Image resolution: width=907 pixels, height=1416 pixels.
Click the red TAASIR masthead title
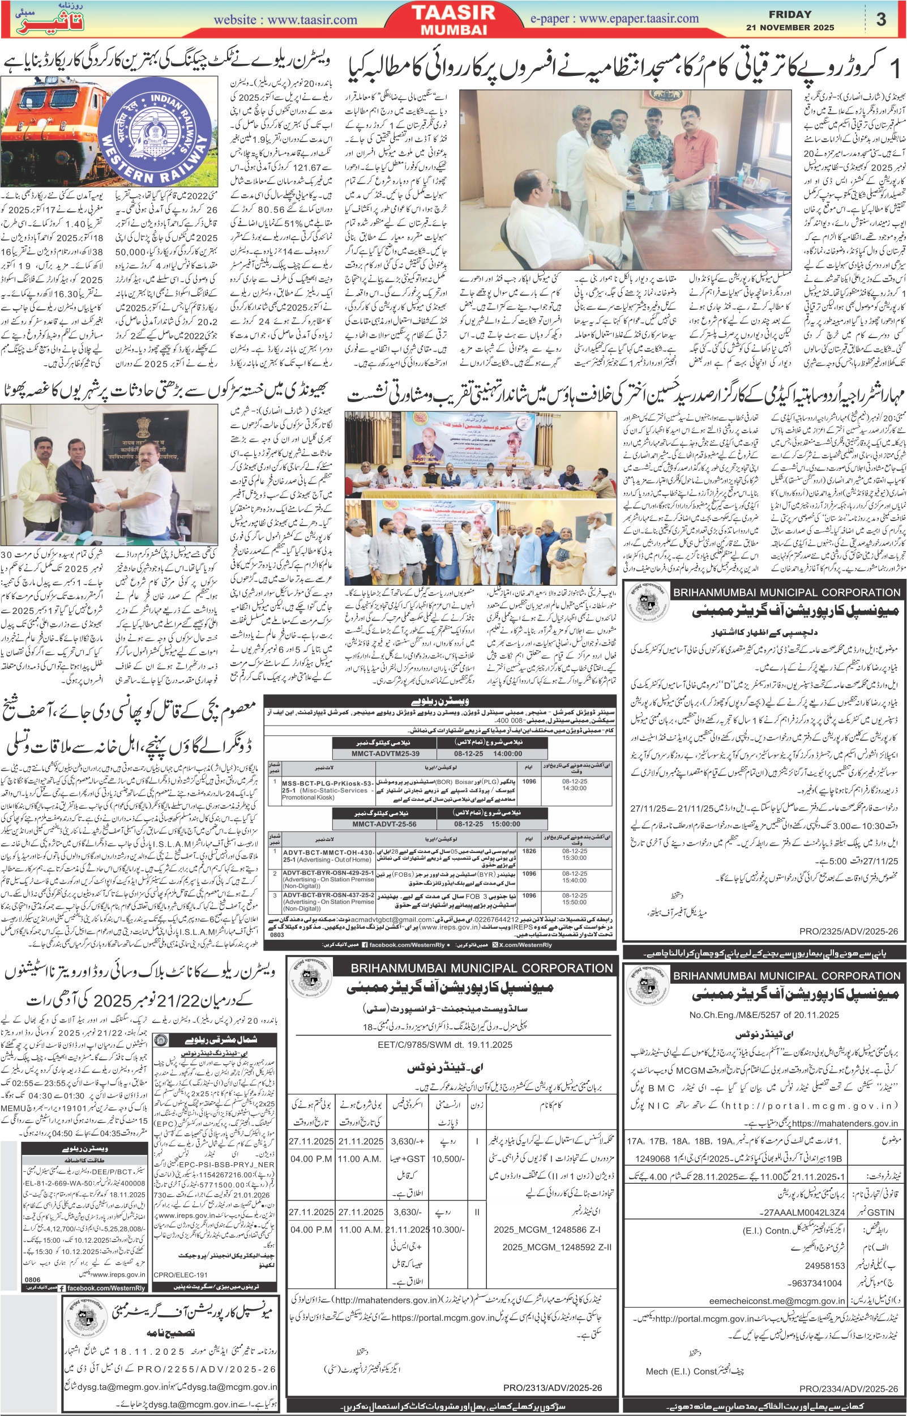pos(454,12)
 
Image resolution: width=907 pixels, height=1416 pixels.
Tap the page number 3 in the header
pos(880,19)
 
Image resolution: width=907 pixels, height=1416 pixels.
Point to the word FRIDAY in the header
pos(790,14)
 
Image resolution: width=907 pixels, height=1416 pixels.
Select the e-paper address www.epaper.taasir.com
pos(614,18)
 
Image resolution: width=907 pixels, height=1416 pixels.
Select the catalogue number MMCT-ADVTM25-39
pos(385,753)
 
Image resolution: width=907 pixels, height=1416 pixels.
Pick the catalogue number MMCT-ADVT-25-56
pos(384,824)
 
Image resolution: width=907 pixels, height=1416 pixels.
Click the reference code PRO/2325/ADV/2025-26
pos(849,932)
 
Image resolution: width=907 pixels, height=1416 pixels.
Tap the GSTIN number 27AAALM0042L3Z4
pos(805,1213)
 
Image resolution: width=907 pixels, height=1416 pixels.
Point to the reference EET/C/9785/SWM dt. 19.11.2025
pos(444,1045)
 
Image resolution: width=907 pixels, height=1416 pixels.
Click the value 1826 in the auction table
pos(529,851)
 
